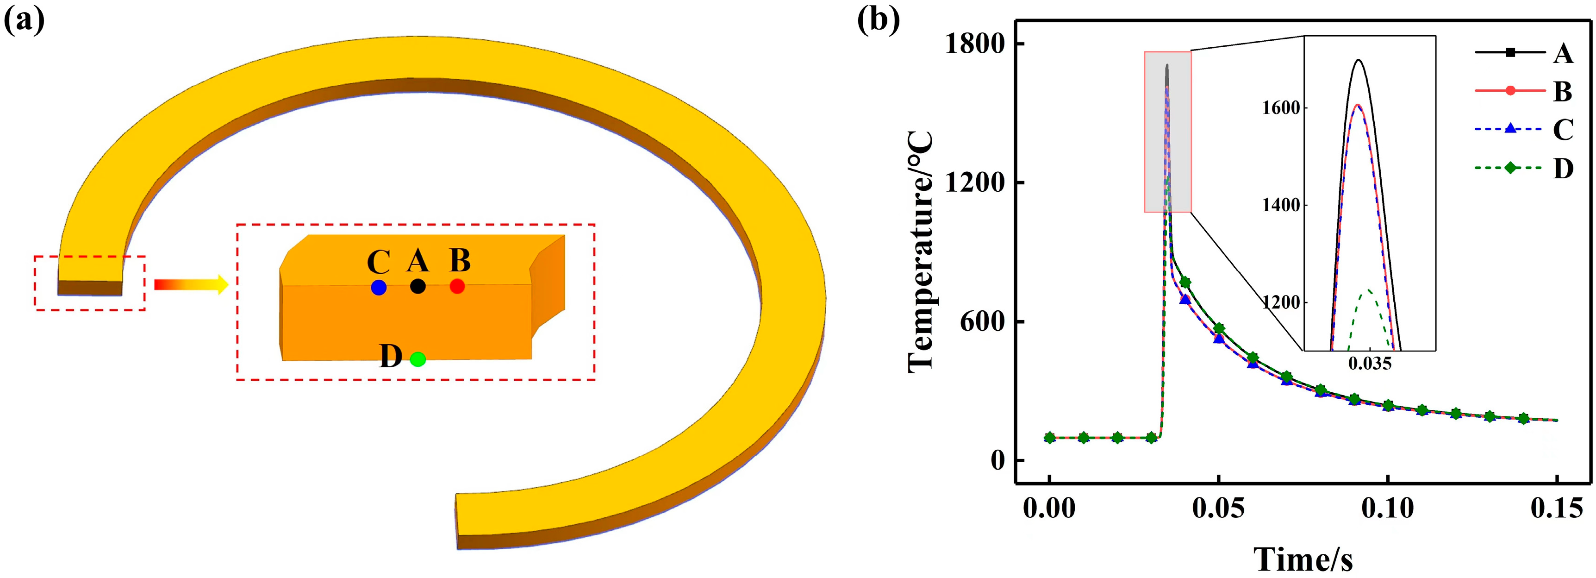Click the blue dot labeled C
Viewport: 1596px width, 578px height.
pyautogui.click(x=379, y=288)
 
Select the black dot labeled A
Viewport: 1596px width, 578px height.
pyautogui.click(x=418, y=287)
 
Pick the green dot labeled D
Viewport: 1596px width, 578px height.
pyautogui.click(x=418, y=359)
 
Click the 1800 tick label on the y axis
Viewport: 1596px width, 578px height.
pyautogui.click(x=974, y=44)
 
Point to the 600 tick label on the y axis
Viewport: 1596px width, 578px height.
pyautogui.click(x=983, y=322)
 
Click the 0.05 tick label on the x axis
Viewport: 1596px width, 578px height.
pyautogui.click(x=1219, y=509)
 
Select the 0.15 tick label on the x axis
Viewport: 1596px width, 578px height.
pyautogui.click(x=1556, y=509)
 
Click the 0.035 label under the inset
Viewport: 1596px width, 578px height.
pyautogui.click(x=1370, y=364)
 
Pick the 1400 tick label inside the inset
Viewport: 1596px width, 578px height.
pyautogui.click(x=1281, y=205)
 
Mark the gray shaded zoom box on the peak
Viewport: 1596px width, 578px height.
pyautogui.click(x=1168, y=132)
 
